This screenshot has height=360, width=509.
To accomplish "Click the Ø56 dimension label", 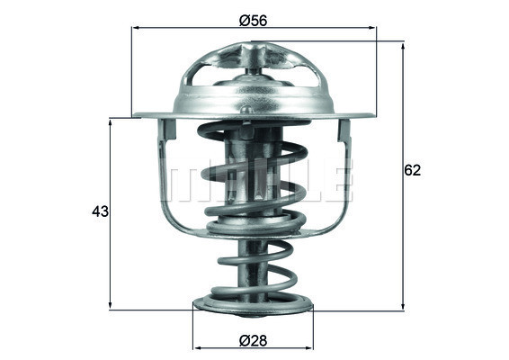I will tap(254, 19).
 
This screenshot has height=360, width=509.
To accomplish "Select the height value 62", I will tap(414, 169).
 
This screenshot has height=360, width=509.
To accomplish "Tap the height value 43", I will tap(100, 212).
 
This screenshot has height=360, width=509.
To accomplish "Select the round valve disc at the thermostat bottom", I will tap(254, 306).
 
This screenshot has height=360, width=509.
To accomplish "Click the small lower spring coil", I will tap(254, 265).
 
